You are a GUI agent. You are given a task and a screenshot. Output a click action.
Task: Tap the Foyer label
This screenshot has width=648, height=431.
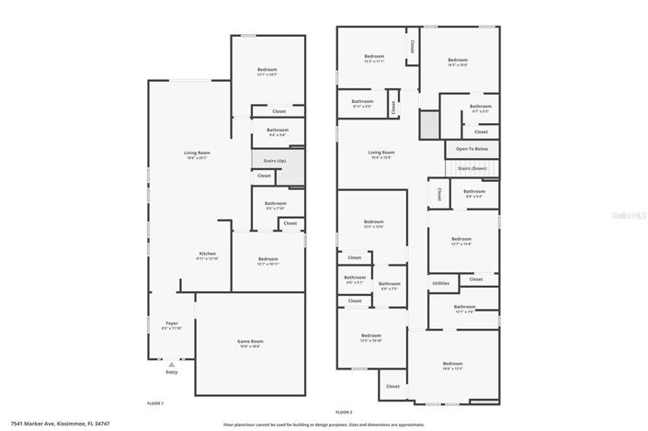click(171, 323)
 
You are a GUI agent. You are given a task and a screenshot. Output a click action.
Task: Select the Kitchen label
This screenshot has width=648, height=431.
click(208, 254)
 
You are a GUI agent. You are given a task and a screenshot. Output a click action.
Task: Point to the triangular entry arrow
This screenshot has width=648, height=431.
click(171, 364)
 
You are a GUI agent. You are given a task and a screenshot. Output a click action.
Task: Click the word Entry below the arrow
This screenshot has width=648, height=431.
click(171, 372)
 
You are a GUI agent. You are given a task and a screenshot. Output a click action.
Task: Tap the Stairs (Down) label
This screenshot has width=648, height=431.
click(472, 170)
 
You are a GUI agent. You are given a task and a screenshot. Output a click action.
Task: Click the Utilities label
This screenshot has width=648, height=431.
click(440, 283)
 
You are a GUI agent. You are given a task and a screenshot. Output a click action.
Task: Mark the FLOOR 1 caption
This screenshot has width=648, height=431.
click(155, 403)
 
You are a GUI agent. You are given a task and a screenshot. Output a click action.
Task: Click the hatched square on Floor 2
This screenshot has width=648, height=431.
click(428, 124)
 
